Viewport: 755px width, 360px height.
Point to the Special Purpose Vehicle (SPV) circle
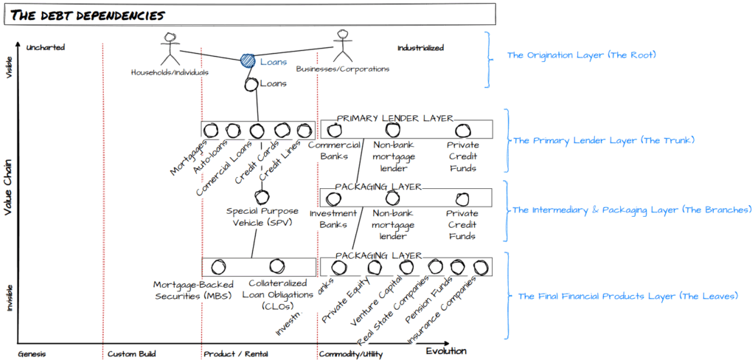tap(260, 197)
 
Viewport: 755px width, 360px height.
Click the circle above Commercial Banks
tap(333, 131)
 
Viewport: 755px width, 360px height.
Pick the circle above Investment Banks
tap(338, 198)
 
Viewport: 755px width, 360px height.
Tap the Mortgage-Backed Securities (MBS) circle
tap(218, 267)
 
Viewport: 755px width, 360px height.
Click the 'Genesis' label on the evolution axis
tap(32, 354)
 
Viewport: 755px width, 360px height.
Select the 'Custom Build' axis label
tap(132, 354)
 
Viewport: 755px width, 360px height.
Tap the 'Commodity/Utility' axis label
tap(350, 354)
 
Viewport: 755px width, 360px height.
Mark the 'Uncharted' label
tap(46, 48)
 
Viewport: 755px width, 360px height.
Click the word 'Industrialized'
tap(420, 48)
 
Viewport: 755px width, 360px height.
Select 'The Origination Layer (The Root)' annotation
tap(581, 55)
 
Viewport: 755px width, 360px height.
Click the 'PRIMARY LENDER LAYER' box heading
tap(394, 118)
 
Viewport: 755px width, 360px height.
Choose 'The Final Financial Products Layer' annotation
tap(627, 296)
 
